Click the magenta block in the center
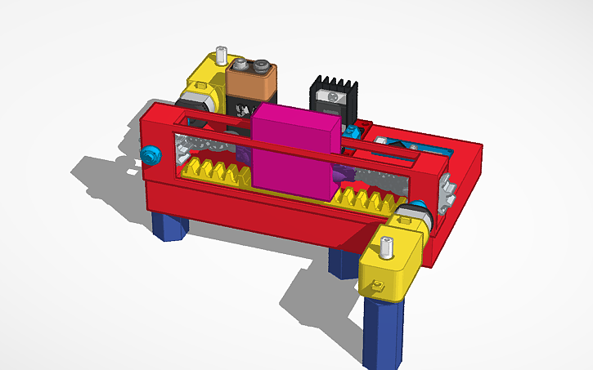[293, 155]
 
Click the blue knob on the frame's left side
[150, 154]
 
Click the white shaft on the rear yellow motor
[221, 57]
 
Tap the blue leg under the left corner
[169, 226]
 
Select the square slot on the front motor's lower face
[377, 285]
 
